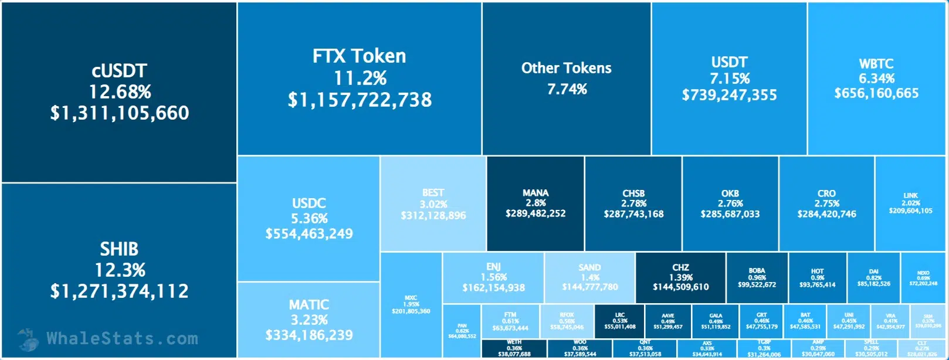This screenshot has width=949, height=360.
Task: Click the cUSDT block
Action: [119, 92]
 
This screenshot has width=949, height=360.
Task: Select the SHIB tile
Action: [119, 270]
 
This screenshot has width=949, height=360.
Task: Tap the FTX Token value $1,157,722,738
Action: [360, 100]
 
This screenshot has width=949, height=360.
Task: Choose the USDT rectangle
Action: [729, 79]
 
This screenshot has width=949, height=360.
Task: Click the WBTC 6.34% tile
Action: [876, 79]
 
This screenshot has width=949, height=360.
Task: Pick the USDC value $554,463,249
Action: [309, 234]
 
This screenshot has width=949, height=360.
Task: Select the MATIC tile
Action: [309, 320]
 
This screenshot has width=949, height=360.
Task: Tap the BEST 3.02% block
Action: [433, 203]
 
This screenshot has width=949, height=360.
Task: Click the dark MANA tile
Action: [535, 203]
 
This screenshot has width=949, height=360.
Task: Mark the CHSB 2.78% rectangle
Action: [633, 203]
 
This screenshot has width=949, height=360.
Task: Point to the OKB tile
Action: [730, 203]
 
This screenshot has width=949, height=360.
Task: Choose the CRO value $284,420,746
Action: [826, 215]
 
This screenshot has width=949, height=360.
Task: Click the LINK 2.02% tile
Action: [910, 203]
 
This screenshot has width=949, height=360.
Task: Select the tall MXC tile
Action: [411, 304]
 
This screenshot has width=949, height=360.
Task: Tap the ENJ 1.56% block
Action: [493, 277]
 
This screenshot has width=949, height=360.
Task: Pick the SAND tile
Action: [589, 277]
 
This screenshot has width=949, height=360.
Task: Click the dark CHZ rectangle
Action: [680, 277]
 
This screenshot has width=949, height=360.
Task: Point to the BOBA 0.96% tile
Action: [757, 277]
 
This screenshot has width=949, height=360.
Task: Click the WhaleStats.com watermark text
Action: [122, 338]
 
